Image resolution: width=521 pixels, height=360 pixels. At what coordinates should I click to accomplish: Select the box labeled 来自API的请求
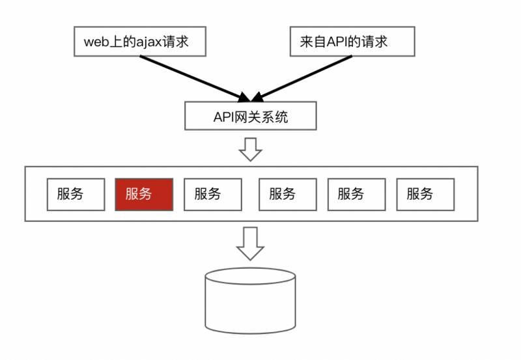[x=352, y=42]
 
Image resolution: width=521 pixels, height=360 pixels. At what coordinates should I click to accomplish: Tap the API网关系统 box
[x=251, y=117]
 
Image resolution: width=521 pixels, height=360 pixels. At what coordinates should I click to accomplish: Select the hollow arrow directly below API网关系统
[x=250, y=149]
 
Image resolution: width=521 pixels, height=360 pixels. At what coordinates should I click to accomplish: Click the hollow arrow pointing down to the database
[x=250, y=244]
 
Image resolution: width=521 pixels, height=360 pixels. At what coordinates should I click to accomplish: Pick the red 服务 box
[x=144, y=194]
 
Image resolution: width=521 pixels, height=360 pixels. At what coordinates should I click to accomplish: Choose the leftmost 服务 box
[x=75, y=194]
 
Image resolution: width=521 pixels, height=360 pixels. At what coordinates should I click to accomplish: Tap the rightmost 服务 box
[x=425, y=194]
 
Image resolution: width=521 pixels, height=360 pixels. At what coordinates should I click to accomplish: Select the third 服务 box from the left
[x=213, y=194]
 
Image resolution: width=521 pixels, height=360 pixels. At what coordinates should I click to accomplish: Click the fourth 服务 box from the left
[x=287, y=194]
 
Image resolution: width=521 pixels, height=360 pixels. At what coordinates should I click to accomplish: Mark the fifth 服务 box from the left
[x=356, y=194]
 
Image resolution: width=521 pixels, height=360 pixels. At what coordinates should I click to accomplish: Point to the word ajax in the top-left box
[x=149, y=42]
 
